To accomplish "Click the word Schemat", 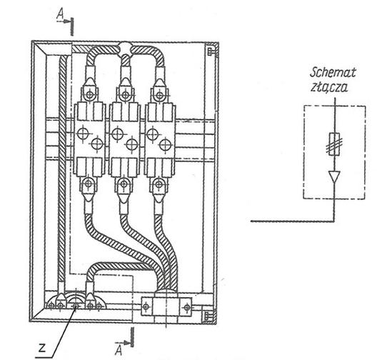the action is (333, 72).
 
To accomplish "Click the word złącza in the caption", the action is (329, 87).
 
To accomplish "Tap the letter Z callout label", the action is (42, 348).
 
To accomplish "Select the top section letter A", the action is (60, 14).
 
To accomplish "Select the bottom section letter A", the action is (119, 350).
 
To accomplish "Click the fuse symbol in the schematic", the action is (334, 144).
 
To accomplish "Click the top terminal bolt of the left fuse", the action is (90, 94).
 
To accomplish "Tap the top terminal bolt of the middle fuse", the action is (126, 95).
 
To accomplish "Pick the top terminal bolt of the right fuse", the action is (160, 95).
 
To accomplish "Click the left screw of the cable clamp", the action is (146, 307).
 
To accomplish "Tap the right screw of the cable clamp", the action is (187, 307).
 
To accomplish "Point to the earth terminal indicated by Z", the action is (76, 306).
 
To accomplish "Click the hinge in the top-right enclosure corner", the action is (210, 51).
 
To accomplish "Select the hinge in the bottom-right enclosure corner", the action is (207, 316).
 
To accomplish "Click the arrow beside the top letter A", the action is (64, 21).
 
